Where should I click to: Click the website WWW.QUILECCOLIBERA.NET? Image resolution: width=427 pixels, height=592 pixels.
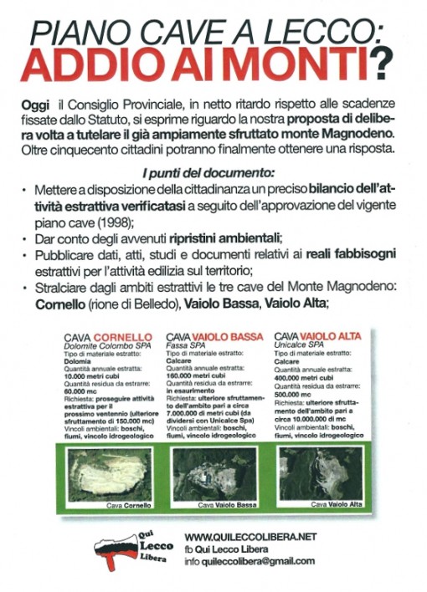pyautogui.click(x=250, y=535)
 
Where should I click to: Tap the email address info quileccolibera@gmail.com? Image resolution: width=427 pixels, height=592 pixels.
pyautogui.click(x=250, y=560)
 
